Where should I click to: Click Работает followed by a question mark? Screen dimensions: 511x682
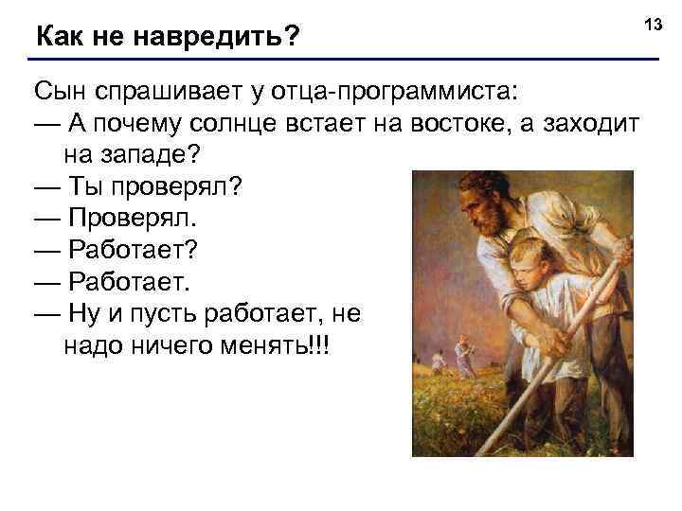pos(134,250)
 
